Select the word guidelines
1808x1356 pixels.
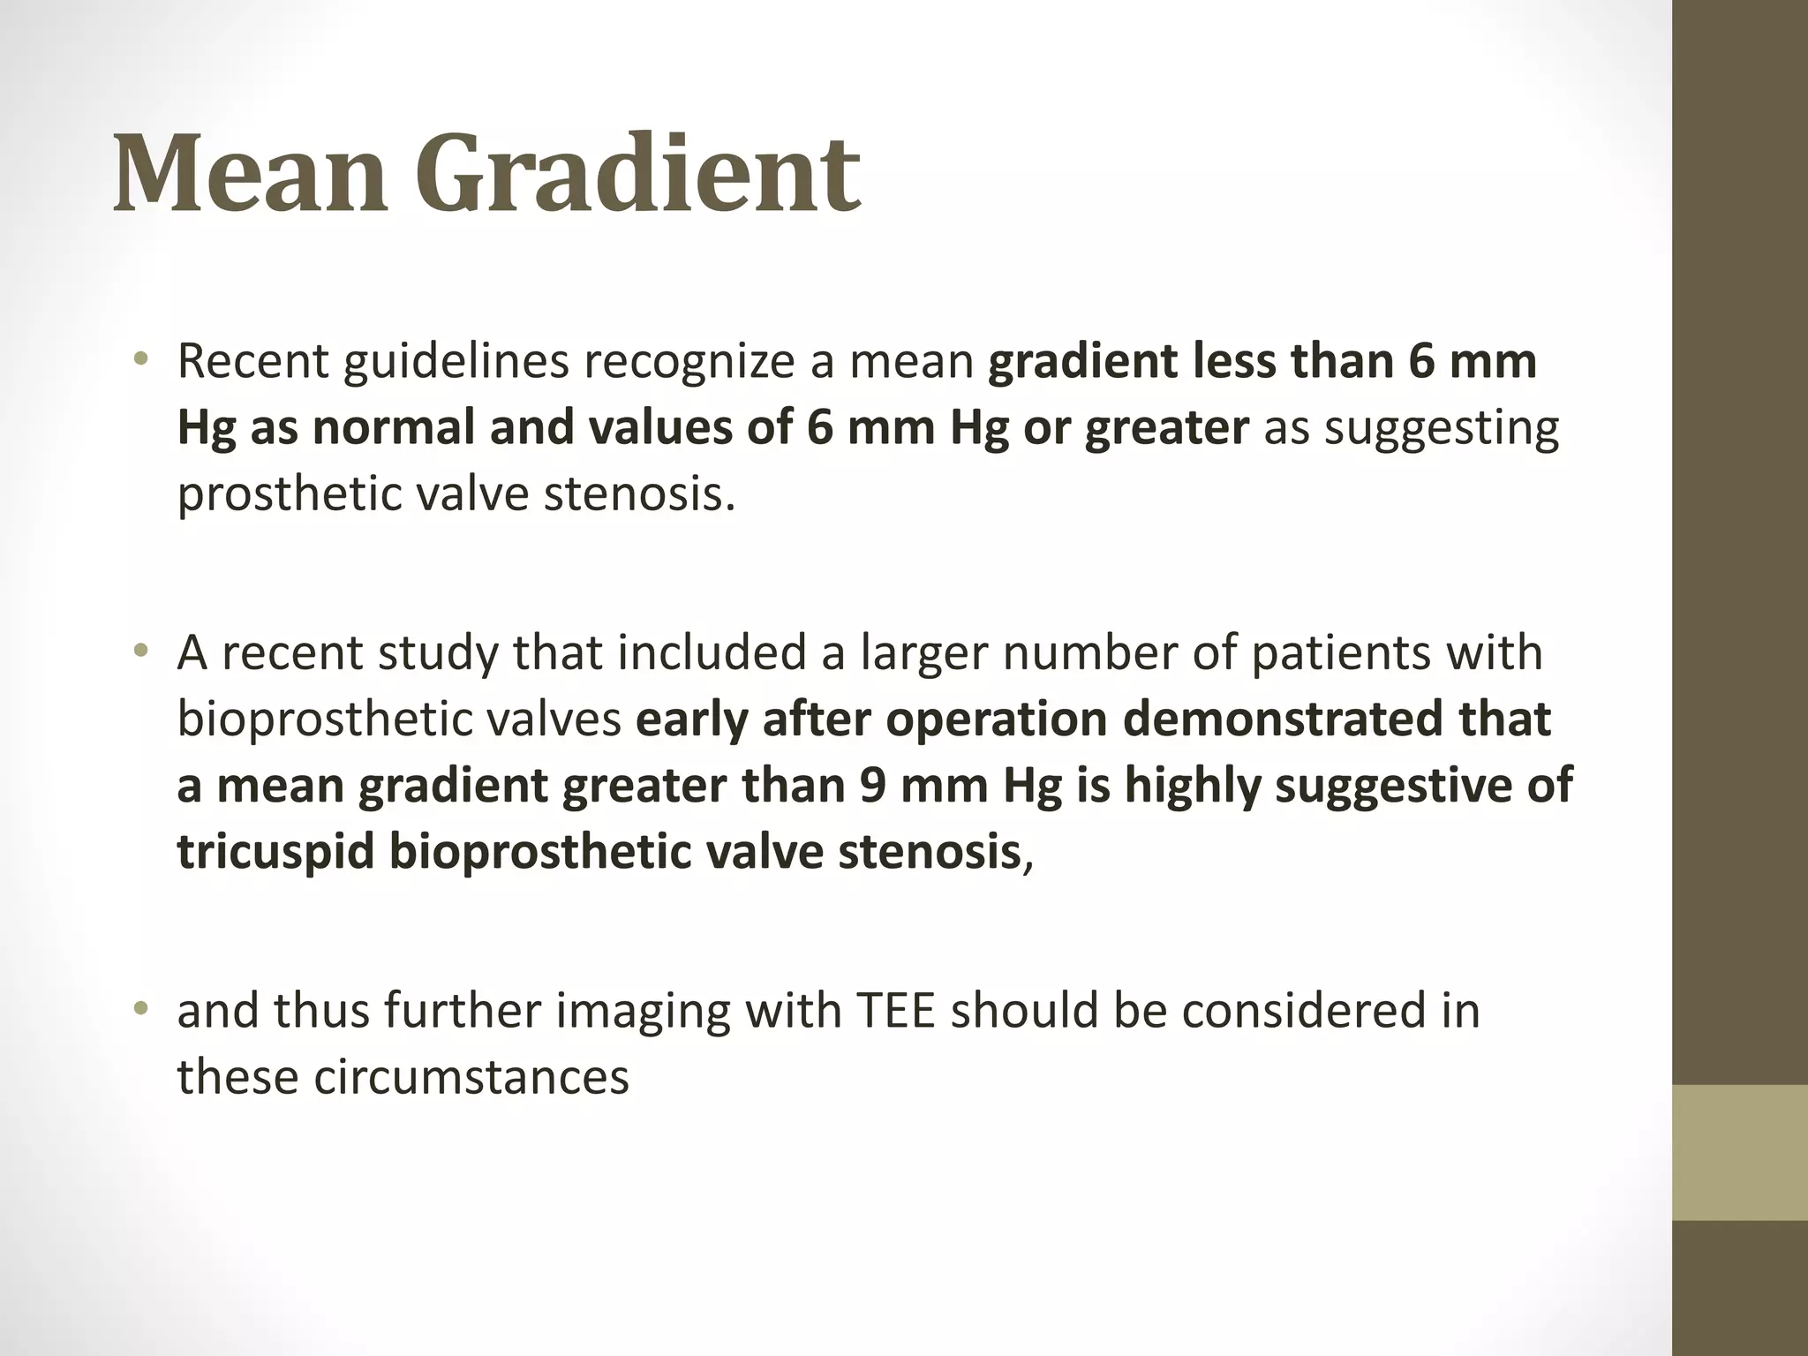click(x=456, y=363)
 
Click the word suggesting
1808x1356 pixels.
click(x=1412, y=428)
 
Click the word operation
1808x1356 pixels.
click(x=997, y=719)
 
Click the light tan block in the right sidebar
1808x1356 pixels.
click(x=1740, y=1151)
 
